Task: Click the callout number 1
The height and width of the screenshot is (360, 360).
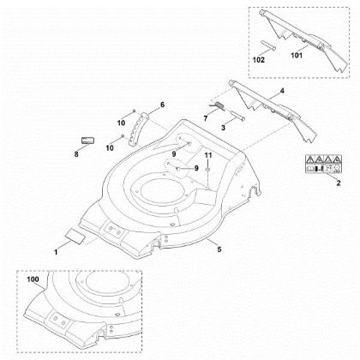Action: click(56, 252)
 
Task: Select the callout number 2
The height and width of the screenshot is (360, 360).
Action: click(339, 183)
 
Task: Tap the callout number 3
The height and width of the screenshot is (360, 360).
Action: click(223, 128)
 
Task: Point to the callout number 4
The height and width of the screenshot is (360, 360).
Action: click(282, 91)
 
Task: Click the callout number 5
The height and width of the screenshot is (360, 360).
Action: click(219, 249)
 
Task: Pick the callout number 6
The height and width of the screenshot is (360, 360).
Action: click(162, 105)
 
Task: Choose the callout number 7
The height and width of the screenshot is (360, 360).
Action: click(206, 118)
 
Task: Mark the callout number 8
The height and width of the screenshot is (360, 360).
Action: click(76, 154)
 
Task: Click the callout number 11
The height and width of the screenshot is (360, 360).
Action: click(208, 155)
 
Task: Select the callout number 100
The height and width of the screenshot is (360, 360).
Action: click(33, 279)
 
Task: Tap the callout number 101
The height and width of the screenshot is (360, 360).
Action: click(297, 55)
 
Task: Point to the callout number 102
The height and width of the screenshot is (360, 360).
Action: click(259, 60)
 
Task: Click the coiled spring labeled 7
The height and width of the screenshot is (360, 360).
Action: click(219, 105)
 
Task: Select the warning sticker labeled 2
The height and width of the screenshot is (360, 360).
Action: click(323, 164)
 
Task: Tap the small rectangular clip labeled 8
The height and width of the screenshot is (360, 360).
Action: click(88, 141)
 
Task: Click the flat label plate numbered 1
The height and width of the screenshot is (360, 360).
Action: click(75, 236)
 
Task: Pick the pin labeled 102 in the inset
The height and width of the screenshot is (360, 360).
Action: click(268, 45)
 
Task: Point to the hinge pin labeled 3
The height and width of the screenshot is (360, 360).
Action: click(237, 116)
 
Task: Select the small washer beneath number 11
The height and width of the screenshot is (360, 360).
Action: click(207, 170)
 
